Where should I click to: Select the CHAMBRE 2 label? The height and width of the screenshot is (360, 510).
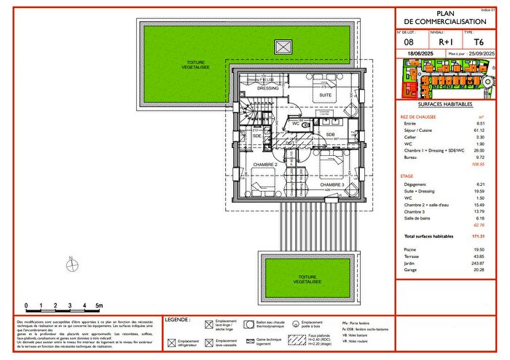click(x=264, y=165)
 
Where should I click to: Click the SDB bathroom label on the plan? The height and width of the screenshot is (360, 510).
click(x=330, y=135)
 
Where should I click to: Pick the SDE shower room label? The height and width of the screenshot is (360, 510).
click(x=256, y=136)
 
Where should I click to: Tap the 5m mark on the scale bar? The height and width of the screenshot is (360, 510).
click(x=98, y=306)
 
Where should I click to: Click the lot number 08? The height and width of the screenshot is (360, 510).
click(x=408, y=42)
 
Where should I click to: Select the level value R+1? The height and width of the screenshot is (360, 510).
click(x=437, y=42)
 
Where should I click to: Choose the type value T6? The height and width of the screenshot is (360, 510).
click(x=479, y=42)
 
